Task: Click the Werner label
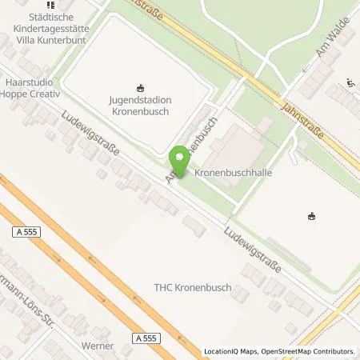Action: (x=98, y=346)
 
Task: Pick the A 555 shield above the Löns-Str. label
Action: (x=26, y=232)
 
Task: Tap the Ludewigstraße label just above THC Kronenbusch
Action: (x=254, y=246)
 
